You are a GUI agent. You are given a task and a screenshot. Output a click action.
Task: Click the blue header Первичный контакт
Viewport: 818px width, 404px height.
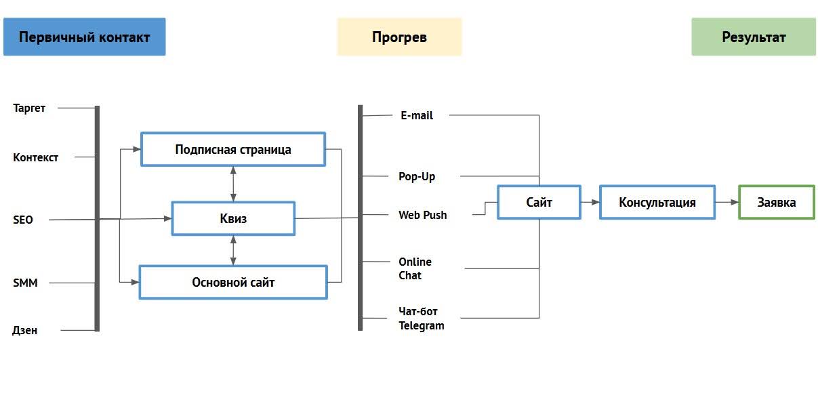tap(84, 37)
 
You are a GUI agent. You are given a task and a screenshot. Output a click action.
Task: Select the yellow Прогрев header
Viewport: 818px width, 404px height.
tap(399, 37)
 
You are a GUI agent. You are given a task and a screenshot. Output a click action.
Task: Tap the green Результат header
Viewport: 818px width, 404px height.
tap(754, 37)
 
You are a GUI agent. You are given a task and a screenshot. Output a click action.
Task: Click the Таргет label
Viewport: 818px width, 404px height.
tap(29, 108)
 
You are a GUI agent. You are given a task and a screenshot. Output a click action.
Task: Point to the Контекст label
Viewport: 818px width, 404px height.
tap(36, 157)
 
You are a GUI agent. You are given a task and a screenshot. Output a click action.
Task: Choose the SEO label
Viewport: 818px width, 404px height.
tap(23, 220)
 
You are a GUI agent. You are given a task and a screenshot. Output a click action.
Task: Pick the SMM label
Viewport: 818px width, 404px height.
tap(25, 283)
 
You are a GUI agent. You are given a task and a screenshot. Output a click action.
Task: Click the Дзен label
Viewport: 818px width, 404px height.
tap(25, 330)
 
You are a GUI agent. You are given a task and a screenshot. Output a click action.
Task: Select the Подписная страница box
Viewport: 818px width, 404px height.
tap(233, 149)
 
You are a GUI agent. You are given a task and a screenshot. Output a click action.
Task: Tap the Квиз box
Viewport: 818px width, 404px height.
tap(233, 218)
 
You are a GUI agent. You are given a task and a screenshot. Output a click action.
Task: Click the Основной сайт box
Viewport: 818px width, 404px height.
tap(233, 283)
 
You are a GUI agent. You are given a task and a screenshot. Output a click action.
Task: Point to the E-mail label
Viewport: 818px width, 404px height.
tap(417, 115)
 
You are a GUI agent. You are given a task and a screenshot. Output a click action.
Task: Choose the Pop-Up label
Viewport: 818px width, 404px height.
tap(417, 176)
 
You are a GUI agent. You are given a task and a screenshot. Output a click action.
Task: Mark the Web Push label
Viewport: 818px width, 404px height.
tap(422, 215)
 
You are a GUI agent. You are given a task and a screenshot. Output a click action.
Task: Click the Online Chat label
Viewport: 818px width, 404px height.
tap(415, 268)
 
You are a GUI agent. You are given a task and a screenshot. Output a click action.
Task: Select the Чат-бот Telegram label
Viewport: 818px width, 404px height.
tap(421, 319)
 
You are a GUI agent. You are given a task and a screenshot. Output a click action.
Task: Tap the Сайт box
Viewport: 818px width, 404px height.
tap(539, 202)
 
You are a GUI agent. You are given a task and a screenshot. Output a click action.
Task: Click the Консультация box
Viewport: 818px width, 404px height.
tap(657, 202)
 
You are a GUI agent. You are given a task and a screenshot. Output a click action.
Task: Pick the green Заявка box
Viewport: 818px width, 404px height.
tap(776, 202)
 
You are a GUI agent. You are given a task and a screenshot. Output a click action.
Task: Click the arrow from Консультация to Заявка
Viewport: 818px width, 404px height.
tap(727, 202)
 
